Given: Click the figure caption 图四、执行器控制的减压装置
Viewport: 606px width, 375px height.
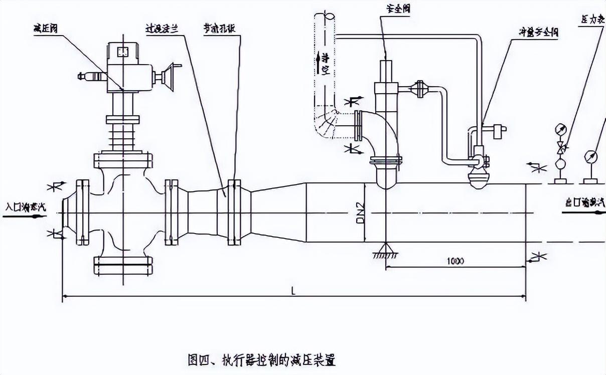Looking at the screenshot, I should (x=260, y=359).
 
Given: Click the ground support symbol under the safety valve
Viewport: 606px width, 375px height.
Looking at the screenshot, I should (x=385, y=250).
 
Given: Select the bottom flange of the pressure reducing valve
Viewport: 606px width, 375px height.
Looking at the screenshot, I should (x=123, y=265).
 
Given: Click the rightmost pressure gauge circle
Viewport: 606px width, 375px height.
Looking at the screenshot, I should (x=590, y=156).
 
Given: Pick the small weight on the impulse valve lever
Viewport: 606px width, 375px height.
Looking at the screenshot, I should (x=499, y=131).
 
